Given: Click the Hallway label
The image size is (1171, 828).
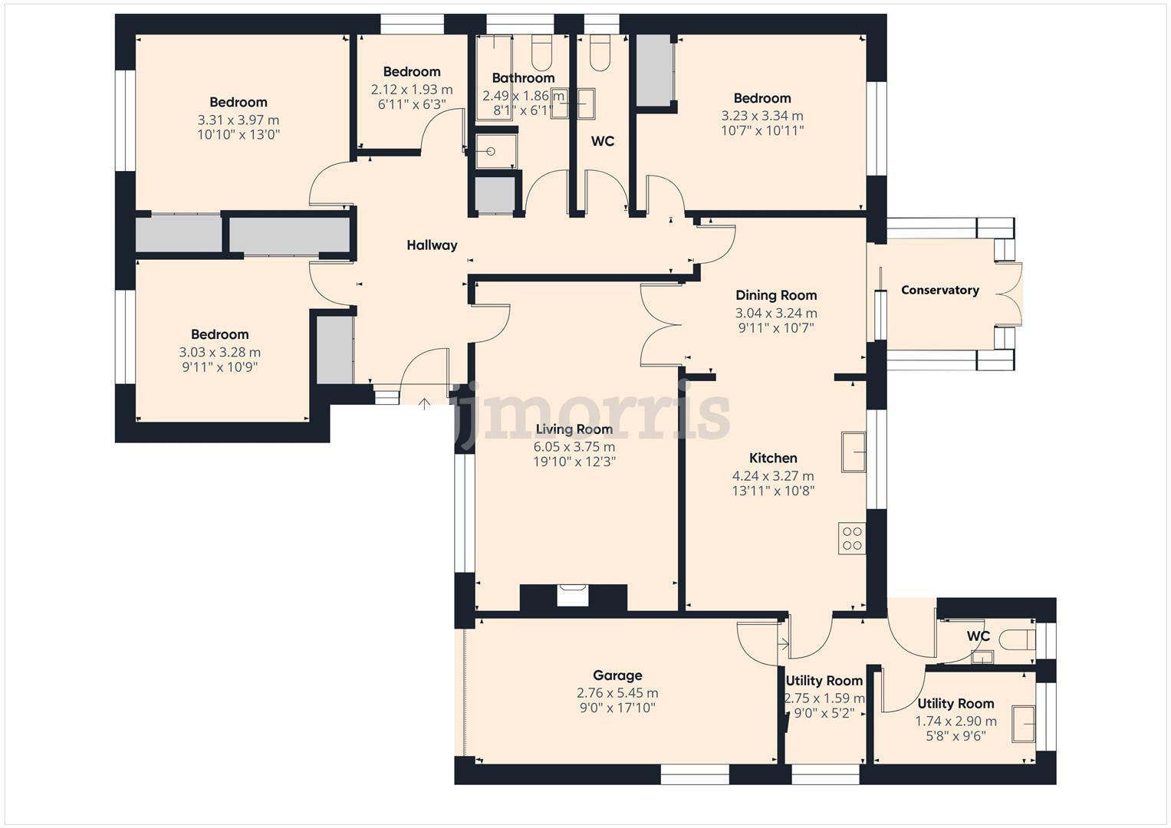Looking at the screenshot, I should (x=432, y=245).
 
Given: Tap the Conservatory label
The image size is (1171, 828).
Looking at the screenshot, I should (x=939, y=290).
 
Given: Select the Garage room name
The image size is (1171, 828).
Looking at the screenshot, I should (x=617, y=675).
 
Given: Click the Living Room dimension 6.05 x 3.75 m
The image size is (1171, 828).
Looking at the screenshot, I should (x=574, y=447).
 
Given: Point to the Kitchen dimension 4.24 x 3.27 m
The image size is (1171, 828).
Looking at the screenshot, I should (x=773, y=476).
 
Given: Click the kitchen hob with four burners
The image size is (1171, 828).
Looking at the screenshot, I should (x=852, y=538).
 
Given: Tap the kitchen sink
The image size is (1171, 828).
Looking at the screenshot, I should (x=854, y=452).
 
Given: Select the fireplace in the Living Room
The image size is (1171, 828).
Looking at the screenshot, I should (x=573, y=596).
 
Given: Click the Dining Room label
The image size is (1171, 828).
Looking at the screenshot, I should (x=776, y=295).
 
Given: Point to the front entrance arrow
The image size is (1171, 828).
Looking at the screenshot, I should (x=424, y=403).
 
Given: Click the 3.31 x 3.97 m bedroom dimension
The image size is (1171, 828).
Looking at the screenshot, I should (x=238, y=120).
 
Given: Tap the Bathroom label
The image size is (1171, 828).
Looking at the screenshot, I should (x=523, y=78).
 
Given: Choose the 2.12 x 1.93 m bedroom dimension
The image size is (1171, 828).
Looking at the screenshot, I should (x=412, y=90).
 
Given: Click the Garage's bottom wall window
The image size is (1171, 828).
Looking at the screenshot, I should (x=694, y=778).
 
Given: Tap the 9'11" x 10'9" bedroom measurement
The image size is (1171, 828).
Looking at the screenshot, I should (x=219, y=367).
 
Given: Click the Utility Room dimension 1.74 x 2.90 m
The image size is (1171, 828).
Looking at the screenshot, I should (x=956, y=721).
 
